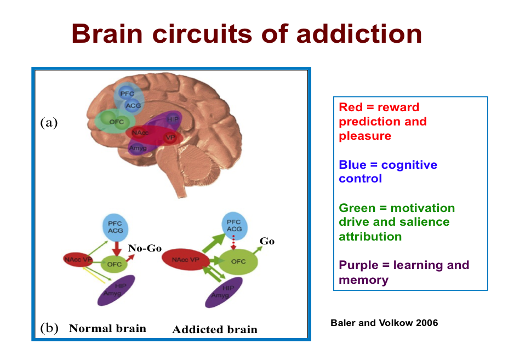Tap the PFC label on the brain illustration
tap(127, 94)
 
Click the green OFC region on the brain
tap(116, 122)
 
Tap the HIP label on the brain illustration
tap(173, 119)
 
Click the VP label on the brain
tap(170, 137)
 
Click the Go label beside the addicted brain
tap(267, 241)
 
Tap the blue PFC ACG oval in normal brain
tap(115, 227)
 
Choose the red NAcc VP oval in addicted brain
tap(186, 260)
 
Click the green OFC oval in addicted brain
tap(238, 261)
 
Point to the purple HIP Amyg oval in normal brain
tap(116, 290)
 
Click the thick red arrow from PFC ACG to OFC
tap(116, 249)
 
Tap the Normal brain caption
tap(107, 329)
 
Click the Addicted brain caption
tap(214, 329)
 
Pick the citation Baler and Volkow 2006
tap(384, 323)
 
